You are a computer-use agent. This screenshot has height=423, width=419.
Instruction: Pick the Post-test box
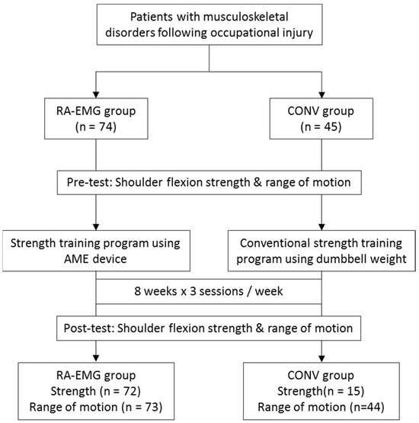(x=209, y=328)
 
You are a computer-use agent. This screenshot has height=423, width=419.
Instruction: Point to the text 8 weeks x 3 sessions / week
(x=209, y=291)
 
